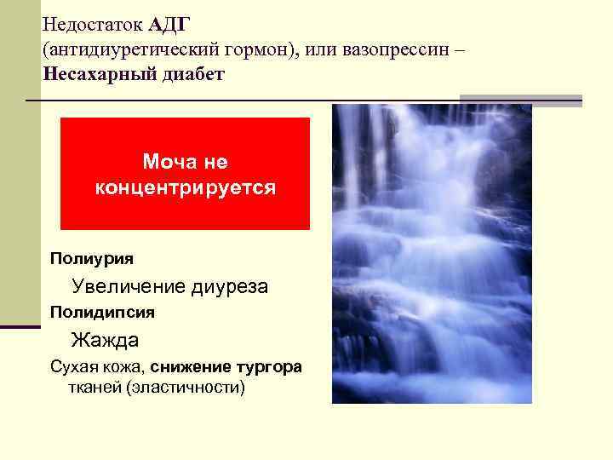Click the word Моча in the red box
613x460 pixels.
click(166, 161)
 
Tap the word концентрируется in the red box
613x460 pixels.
click(185, 187)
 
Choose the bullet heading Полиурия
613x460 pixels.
click(91, 256)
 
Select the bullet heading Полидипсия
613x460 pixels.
click(102, 312)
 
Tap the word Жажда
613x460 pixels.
click(105, 341)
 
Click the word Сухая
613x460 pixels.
click(74, 367)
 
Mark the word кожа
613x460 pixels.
click(127, 367)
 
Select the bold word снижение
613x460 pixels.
click(192, 367)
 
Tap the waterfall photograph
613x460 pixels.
click(432, 254)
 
